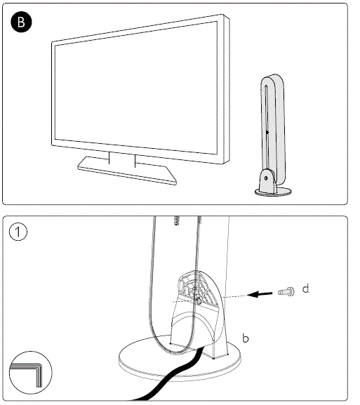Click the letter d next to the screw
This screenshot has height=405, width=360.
[306, 288]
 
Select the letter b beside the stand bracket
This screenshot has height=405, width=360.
[245, 338]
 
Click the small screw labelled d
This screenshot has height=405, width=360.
[286, 292]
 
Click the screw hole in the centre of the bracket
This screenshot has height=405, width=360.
[199, 299]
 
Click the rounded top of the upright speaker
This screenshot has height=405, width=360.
[271, 78]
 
